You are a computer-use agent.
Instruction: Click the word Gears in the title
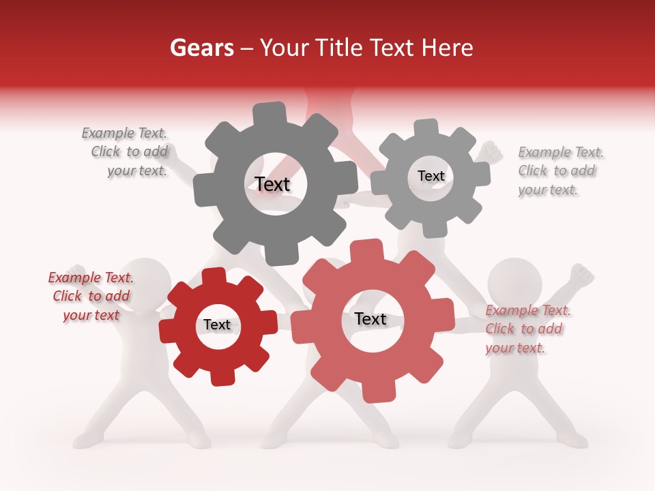[x=201, y=48]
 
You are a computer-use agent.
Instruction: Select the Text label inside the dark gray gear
[x=272, y=184]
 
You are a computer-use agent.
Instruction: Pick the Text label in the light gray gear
[x=431, y=176]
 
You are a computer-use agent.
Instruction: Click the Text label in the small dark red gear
[x=217, y=325]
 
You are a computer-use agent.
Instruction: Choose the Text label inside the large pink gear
[x=370, y=318]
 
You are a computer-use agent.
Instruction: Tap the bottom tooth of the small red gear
[x=220, y=376]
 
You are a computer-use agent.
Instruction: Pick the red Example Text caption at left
[x=91, y=296]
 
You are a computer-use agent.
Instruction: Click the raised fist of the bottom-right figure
[x=581, y=274]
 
